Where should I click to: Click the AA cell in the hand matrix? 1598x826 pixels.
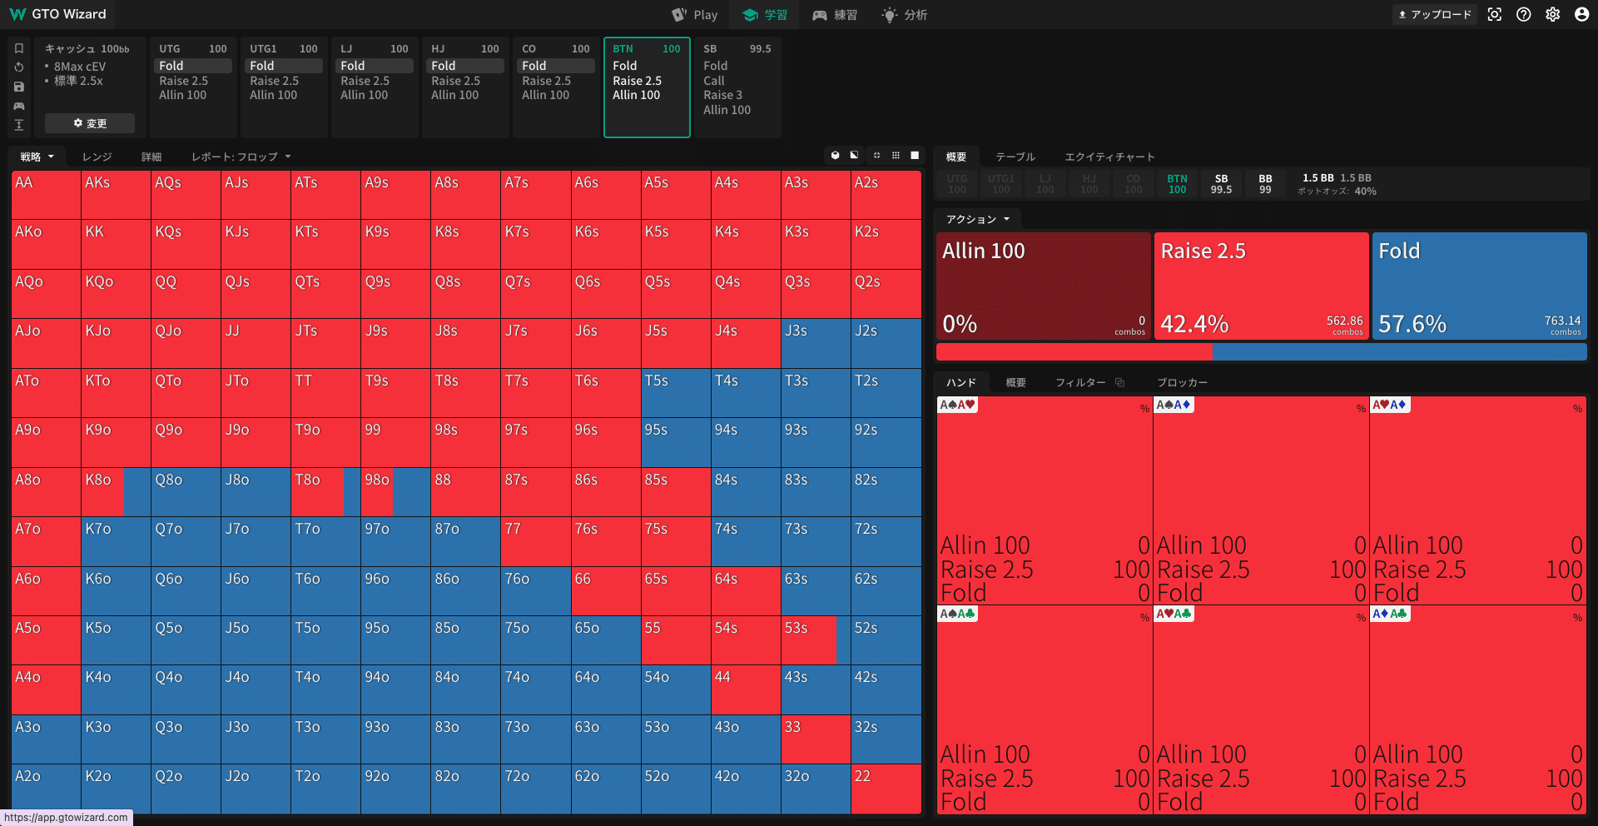(x=46, y=195)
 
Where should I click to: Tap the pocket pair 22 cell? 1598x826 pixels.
(x=886, y=788)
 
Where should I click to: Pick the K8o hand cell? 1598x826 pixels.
(x=116, y=491)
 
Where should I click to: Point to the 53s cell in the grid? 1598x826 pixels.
(x=816, y=639)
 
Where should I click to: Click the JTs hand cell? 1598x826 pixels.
(x=325, y=343)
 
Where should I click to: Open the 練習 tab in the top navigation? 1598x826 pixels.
(x=835, y=15)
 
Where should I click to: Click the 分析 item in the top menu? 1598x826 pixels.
(x=905, y=15)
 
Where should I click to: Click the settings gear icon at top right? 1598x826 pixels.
(x=1553, y=15)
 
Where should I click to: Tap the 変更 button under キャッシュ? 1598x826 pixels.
(x=90, y=123)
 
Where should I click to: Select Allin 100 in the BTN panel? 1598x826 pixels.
(x=637, y=95)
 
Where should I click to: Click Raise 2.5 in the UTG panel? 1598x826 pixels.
(x=184, y=81)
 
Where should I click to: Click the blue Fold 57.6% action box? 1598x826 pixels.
(x=1479, y=286)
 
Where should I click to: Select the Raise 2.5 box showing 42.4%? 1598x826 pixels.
(x=1261, y=286)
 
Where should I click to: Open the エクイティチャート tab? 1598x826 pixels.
(x=1109, y=157)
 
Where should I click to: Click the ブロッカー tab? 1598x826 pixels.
(x=1182, y=382)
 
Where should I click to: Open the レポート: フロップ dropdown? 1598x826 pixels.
(x=241, y=157)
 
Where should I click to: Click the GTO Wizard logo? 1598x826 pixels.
(x=58, y=14)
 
